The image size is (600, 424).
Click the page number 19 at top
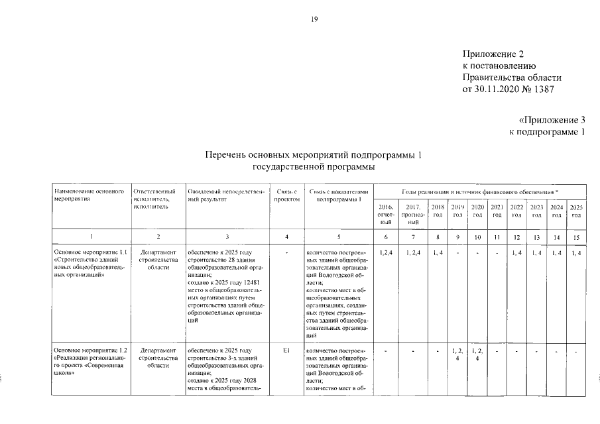click(x=314, y=19)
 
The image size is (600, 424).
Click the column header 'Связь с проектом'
click(x=286, y=195)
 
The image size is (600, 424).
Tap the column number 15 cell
click(x=576, y=237)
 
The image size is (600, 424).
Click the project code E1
click(x=286, y=350)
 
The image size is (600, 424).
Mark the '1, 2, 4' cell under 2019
click(x=457, y=354)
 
